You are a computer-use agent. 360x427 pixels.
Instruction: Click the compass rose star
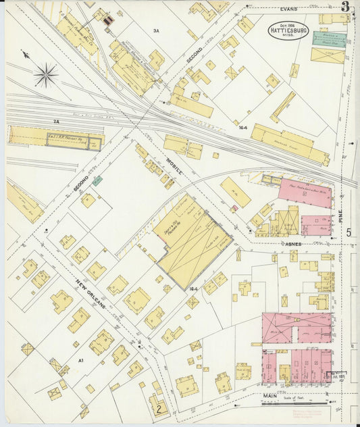pos(46,74)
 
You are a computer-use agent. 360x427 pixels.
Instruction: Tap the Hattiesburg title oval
pos(288,31)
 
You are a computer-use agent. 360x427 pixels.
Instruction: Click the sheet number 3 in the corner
pos(346,7)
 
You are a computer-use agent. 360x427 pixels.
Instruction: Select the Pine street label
pos(341,216)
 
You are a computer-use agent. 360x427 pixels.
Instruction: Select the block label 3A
pos(155,30)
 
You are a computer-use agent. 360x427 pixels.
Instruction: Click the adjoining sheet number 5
pos(349,233)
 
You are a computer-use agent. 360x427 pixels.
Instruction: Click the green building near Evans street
pos(329,39)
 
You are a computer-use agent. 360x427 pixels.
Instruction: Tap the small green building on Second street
pos(98,181)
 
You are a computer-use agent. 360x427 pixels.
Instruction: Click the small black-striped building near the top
pos(107,22)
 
